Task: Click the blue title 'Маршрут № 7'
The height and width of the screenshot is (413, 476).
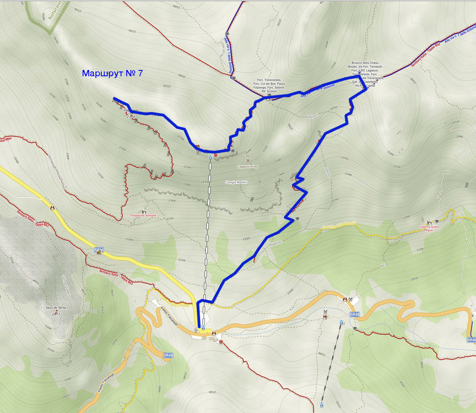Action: pyautogui.click(x=112, y=73)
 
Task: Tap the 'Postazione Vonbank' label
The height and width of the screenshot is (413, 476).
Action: pyautogui.click(x=143, y=215)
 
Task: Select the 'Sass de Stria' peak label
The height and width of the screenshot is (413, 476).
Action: pyautogui.click(x=56, y=308)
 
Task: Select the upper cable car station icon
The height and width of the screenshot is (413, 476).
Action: pyautogui.click(x=210, y=156)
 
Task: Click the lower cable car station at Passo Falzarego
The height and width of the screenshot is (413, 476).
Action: pyautogui.click(x=203, y=328)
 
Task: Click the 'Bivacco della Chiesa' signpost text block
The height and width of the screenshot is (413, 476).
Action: pyautogui.click(x=364, y=74)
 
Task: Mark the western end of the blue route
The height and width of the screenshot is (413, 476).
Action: pyautogui.click(x=114, y=99)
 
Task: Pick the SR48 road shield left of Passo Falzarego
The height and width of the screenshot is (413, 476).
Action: pyautogui.click(x=169, y=355)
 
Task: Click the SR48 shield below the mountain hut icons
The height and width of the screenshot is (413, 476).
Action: pyautogui.click(x=355, y=314)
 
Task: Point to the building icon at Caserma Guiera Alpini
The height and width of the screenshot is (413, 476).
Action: pyautogui.click(x=429, y=221)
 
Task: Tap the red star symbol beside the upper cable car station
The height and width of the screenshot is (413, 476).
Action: pyautogui.click(x=216, y=156)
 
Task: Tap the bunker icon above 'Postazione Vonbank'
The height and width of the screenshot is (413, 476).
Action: pyautogui.click(x=143, y=210)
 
